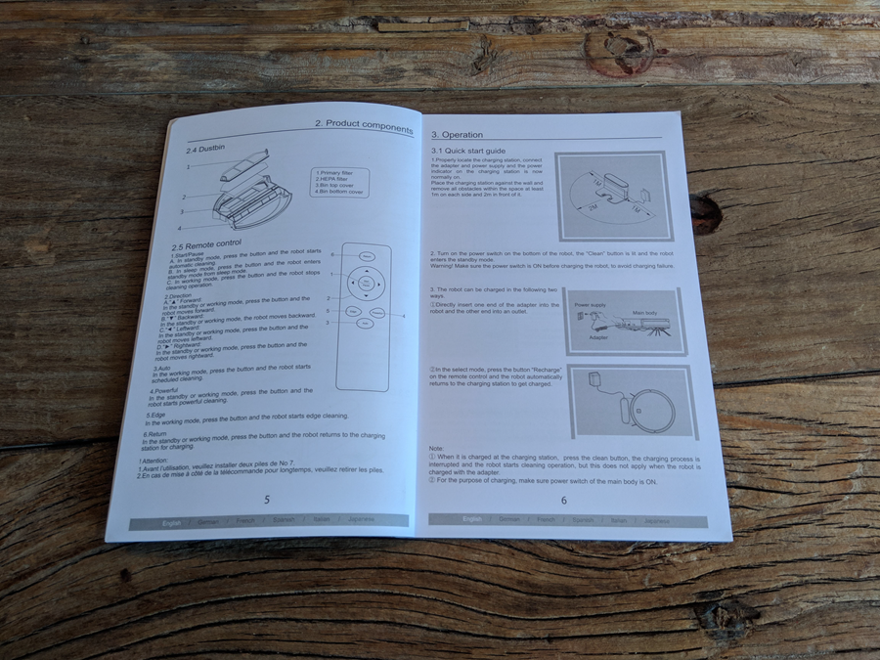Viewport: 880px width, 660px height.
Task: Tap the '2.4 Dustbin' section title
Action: tap(206, 150)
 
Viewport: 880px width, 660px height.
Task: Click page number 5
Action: tap(266, 500)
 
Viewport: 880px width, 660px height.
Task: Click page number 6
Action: tap(563, 500)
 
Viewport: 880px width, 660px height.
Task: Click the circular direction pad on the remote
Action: tap(367, 286)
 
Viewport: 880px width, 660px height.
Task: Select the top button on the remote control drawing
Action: tap(366, 257)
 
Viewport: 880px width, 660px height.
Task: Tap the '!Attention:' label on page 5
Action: tap(155, 460)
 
